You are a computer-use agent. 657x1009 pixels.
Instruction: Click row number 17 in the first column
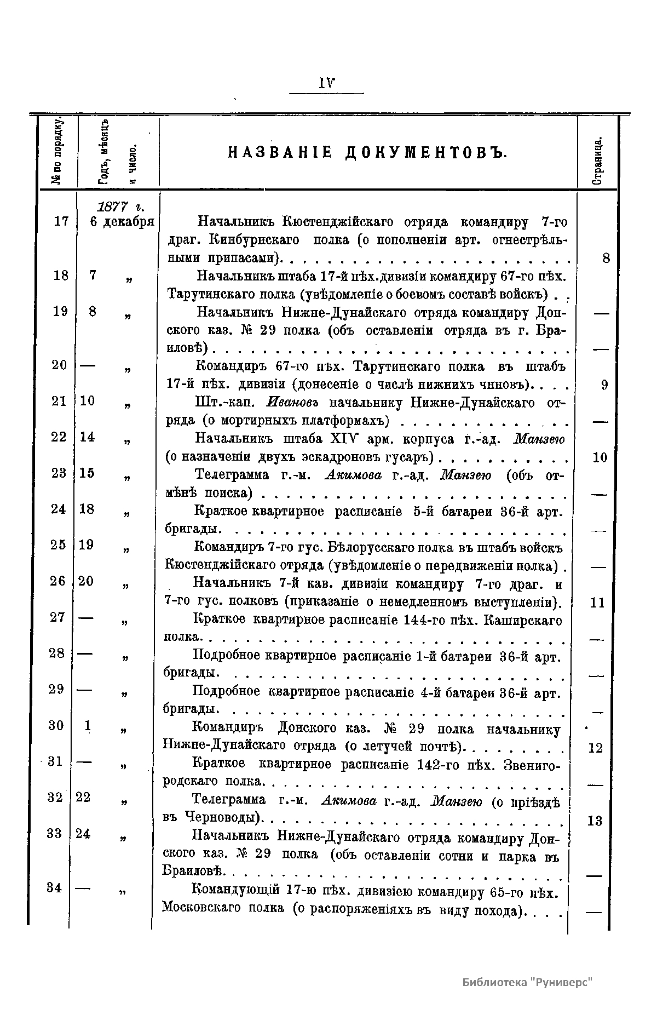point(61,221)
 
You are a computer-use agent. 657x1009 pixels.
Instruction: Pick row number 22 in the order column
point(59,437)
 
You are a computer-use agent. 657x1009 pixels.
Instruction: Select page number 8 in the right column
point(606,258)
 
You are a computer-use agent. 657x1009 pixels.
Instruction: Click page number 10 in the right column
point(600,457)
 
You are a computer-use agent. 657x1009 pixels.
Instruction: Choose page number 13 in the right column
point(595,821)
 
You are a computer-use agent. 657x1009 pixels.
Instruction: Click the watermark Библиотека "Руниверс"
point(528,981)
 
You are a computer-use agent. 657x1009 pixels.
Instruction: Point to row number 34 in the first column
point(54,887)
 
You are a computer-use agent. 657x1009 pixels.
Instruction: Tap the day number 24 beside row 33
point(83,834)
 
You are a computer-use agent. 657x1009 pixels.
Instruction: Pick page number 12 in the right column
point(595,748)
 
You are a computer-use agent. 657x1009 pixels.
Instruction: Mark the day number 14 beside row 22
point(87,437)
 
